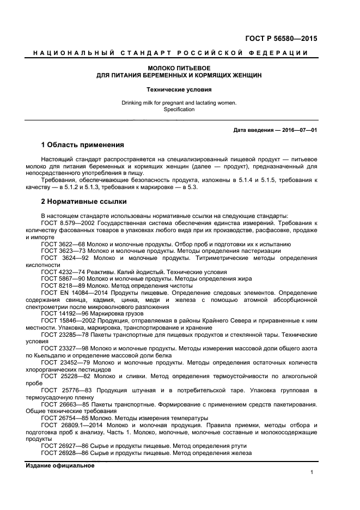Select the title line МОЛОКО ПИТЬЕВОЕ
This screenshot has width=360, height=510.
(x=180, y=68)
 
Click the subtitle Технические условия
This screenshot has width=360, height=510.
(x=180, y=89)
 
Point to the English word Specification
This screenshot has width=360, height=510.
(x=180, y=110)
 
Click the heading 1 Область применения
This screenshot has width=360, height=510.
(x=83, y=145)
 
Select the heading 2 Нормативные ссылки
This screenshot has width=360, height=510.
(x=80, y=201)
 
